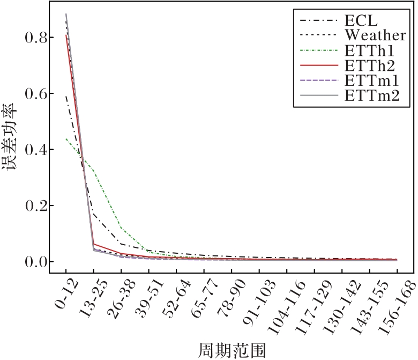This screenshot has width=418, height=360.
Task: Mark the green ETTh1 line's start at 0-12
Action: (x=66, y=138)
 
